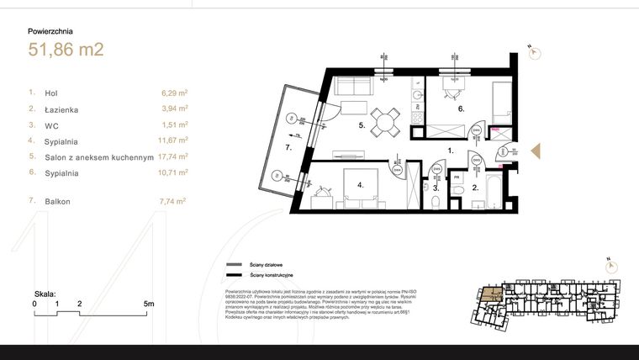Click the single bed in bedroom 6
point(499,98)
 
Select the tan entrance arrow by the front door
point(541,151)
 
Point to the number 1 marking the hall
point(450,151)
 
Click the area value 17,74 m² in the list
point(172,156)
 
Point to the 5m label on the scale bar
point(148,303)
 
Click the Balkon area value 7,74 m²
point(172,201)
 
